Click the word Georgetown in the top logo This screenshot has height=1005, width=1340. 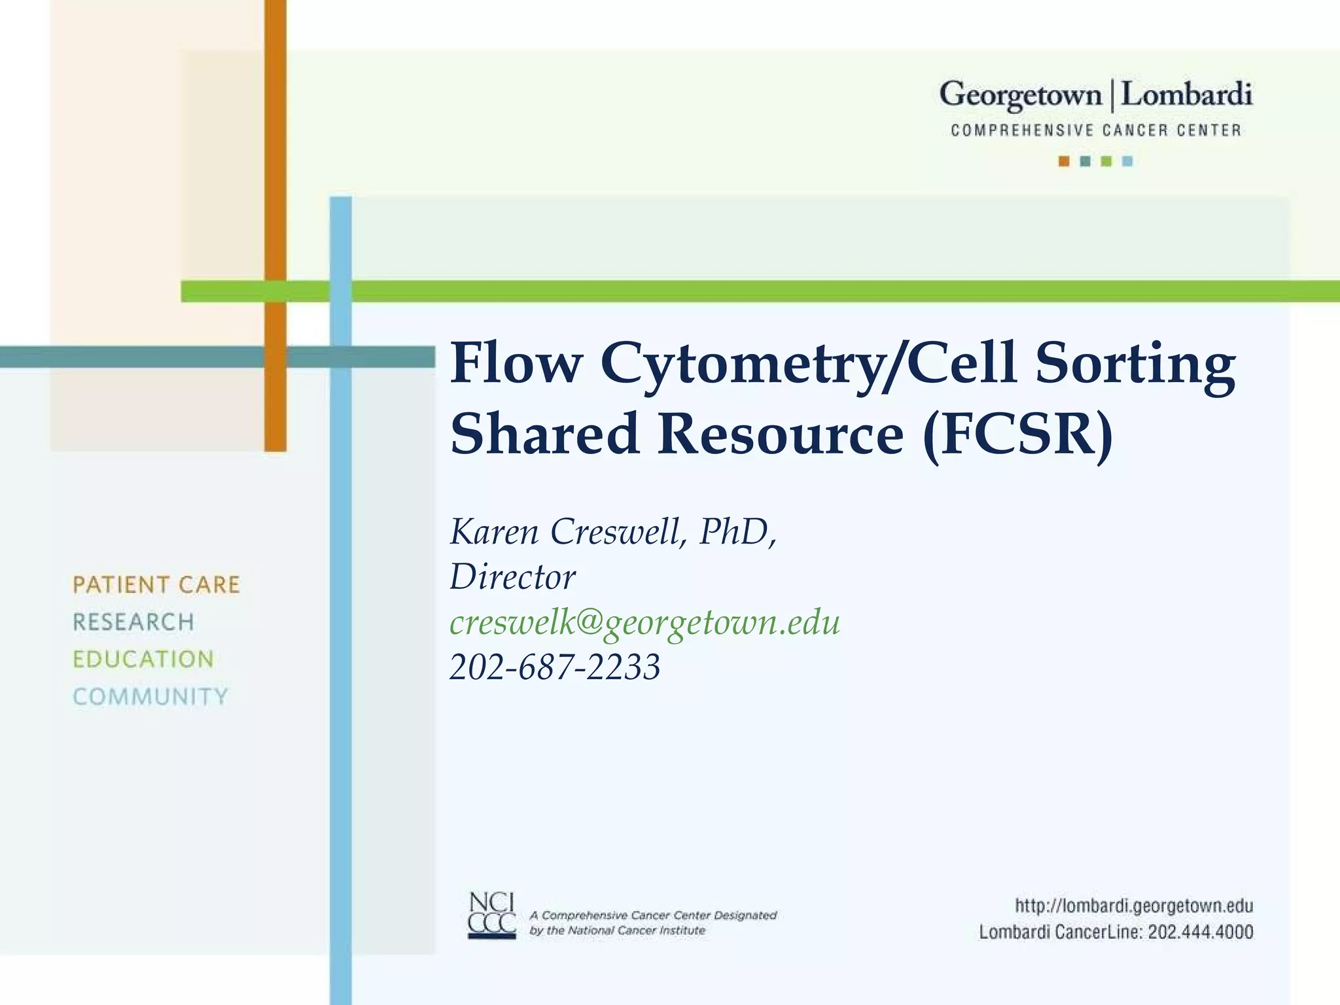click(1021, 96)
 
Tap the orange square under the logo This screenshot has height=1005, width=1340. click(1064, 161)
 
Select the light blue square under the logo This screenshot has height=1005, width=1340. click(1127, 161)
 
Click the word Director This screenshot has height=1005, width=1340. click(512, 577)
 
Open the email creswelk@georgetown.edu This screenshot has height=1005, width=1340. click(644, 622)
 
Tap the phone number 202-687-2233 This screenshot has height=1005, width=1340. click(555, 667)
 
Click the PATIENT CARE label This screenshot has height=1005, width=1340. click(156, 585)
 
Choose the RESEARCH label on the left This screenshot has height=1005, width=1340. click(133, 622)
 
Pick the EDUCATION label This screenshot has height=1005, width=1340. click(143, 660)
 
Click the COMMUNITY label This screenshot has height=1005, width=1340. click(150, 697)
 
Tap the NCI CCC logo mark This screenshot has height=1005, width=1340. click(492, 915)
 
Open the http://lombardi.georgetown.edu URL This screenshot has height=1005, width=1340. click(1133, 906)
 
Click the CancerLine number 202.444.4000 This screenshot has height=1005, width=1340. click(1200, 932)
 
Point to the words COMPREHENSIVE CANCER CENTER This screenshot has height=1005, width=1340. click(1095, 130)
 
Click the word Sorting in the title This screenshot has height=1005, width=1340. click(1135, 364)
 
